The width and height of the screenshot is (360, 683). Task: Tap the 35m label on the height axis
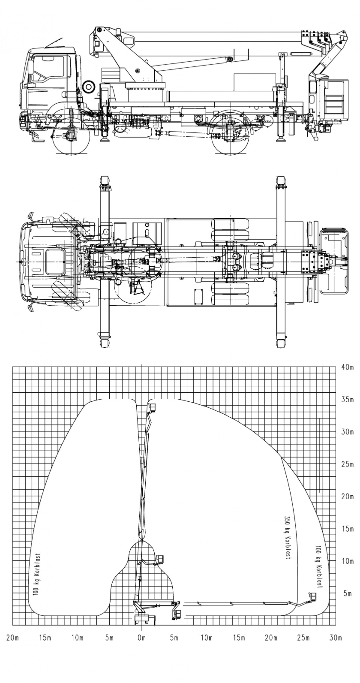(x=348, y=400)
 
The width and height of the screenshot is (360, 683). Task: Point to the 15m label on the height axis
(x=348, y=529)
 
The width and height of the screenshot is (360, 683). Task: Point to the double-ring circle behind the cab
(x=89, y=86)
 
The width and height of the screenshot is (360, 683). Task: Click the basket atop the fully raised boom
(x=153, y=407)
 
